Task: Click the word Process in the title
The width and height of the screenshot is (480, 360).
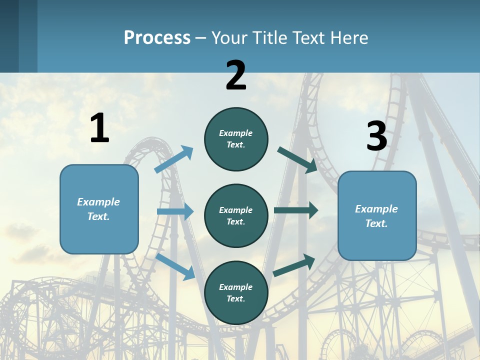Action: coord(157,38)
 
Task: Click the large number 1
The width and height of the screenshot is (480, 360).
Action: coord(99,128)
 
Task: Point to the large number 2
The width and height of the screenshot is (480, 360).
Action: coord(236,75)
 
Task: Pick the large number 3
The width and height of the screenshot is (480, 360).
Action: coord(376,136)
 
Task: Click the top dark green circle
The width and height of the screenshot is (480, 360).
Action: coord(236,139)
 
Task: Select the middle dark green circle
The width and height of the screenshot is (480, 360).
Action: coord(236,215)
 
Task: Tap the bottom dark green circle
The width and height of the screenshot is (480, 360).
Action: coord(236,292)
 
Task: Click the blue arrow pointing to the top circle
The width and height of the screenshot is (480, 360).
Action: coord(174,159)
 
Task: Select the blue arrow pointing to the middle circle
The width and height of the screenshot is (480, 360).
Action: coord(175,211)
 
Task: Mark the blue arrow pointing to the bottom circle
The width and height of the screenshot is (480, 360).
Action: coord(175,266)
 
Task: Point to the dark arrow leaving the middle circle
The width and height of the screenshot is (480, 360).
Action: coord(295,210)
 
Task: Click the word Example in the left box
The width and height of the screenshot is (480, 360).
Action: coord(98,202)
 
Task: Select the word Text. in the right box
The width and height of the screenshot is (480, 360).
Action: coord(376,223)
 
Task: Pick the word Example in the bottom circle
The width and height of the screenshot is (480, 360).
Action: coord(235,287)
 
